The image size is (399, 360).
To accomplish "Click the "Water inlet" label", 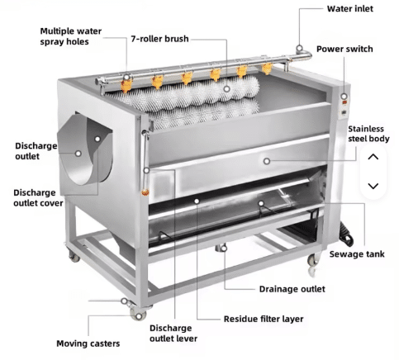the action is click(350, 9).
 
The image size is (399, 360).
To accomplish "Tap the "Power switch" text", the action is click(344, 49).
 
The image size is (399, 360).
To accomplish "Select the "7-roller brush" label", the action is click(159, 39).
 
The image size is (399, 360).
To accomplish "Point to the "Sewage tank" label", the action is click(357, 254).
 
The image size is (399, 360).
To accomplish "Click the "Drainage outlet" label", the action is click(292, 289).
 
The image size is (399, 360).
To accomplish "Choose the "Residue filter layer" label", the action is click(264, 319).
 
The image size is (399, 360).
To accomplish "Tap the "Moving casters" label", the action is click(88, 343).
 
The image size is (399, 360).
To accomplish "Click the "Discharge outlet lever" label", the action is click(173, 334).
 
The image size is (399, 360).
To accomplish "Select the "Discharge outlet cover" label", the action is click(38, 198).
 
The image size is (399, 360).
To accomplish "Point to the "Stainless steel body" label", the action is click(368, 134).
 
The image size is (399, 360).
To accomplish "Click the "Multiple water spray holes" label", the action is click(71, 36).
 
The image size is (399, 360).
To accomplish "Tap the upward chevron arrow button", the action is click(373, 157).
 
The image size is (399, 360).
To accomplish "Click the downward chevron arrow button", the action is click(373, 186).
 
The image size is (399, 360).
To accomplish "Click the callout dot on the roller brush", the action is click(226, 89).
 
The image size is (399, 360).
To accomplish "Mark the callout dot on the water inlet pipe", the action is click(299, 49).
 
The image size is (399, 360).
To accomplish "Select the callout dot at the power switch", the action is click(344, 97).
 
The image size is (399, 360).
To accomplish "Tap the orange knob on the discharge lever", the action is click(145, 192).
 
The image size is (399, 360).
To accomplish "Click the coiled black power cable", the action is click(346, 234).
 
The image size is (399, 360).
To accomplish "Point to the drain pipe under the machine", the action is click(221, 248).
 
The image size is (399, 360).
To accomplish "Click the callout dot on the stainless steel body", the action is click(267, 161).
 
